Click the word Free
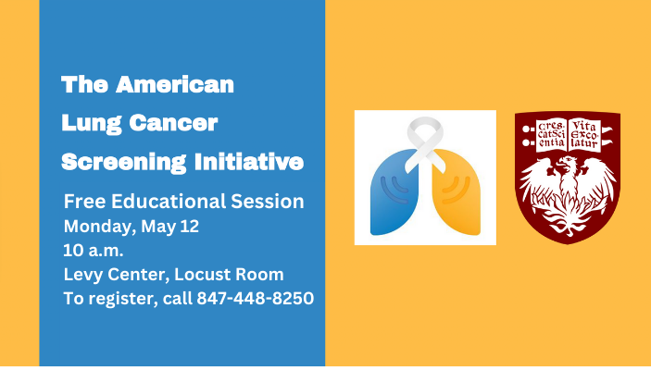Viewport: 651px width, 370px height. click(x=81, y=202)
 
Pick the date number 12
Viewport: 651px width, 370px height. click(x=189, y=226)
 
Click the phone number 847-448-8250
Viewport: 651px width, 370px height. click(x=255, y=299)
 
